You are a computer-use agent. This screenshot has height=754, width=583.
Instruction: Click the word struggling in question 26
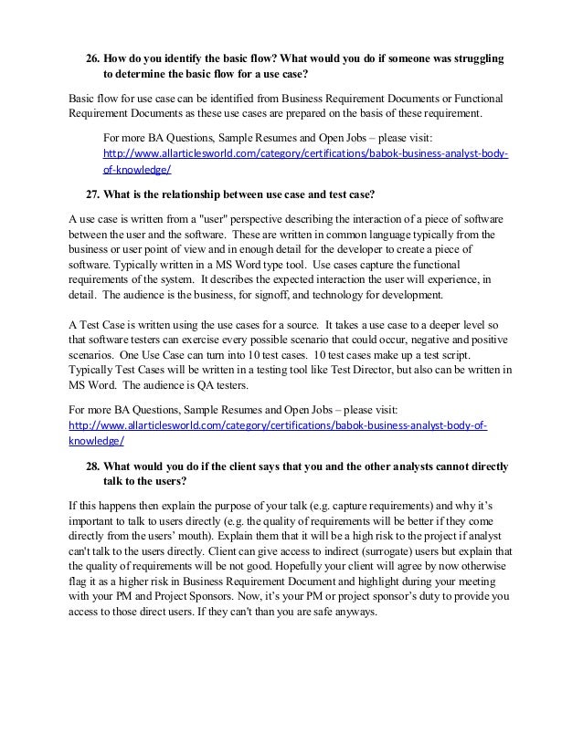pos(476,58)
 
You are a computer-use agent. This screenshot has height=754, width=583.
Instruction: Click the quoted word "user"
pos(205,221)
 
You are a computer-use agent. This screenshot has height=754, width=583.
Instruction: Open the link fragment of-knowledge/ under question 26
pos(138,169)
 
